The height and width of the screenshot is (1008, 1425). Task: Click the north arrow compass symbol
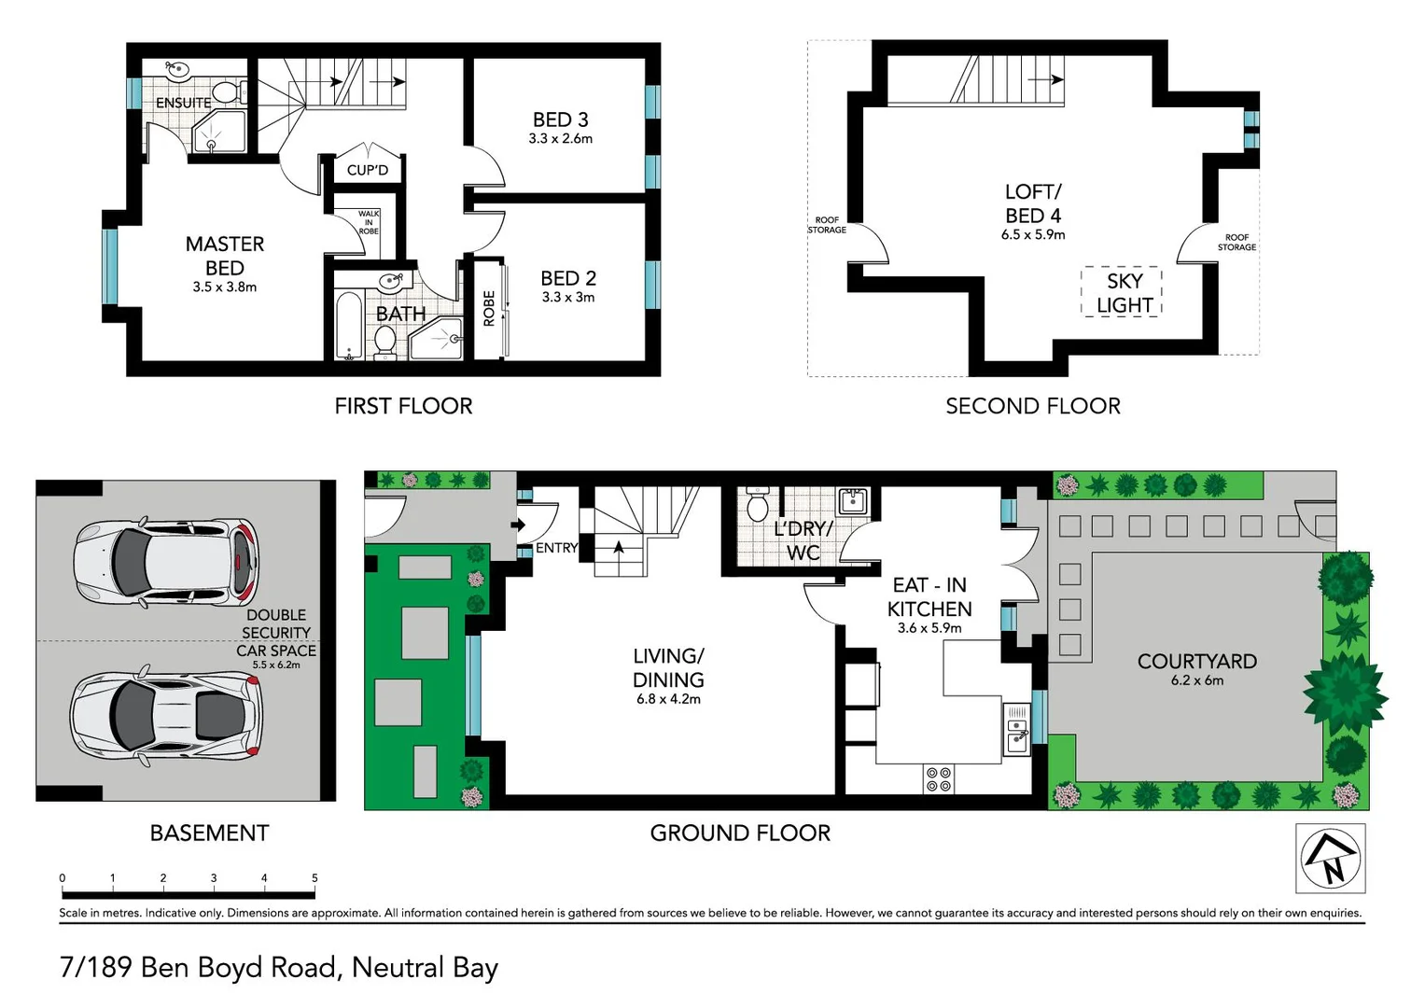1331,858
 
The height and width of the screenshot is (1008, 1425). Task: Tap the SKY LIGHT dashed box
1122,293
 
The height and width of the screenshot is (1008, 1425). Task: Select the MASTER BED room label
225,256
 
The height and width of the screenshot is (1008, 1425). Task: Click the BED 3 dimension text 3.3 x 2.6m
560,139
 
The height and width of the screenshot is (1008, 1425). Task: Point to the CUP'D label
367,170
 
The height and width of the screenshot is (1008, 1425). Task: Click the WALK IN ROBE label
369,222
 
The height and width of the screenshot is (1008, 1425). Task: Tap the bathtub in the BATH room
348,327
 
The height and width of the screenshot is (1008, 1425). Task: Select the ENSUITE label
183,103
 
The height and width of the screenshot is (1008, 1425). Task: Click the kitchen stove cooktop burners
938,779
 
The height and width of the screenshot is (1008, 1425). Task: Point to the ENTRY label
556,548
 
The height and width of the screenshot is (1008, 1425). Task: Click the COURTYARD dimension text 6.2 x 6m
1196,681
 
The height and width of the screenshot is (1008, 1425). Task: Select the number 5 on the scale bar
314,878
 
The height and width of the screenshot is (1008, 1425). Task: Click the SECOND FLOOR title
1032,406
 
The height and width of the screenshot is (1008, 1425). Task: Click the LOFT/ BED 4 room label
1032,203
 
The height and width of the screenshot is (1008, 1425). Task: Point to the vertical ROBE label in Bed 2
489,309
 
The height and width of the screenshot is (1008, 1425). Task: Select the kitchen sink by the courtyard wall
1017,729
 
